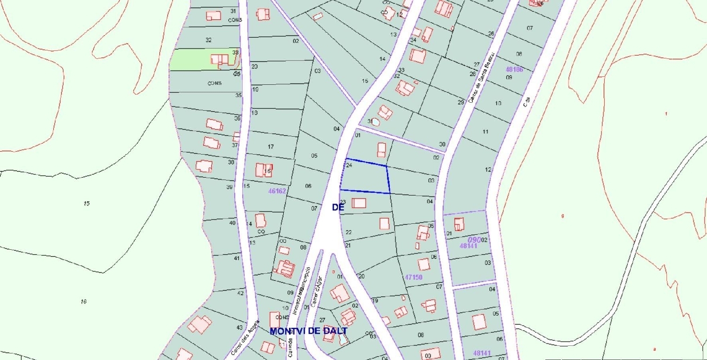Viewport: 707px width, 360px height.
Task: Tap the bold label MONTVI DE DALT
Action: coord(309,331)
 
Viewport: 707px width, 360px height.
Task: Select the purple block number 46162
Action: coord(277,191)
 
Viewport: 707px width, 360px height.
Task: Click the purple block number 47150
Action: coord(413,277)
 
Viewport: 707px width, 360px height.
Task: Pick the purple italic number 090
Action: coord(474,240)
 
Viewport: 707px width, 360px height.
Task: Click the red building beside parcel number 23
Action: coord(359,203)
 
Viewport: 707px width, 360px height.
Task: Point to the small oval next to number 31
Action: coord(376,122)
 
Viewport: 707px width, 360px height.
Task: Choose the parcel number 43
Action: coord(239,327)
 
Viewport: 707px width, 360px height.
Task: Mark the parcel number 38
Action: coord(231,162)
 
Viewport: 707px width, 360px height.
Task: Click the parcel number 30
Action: coord(442,144)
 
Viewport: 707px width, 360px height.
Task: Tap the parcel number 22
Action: coord(348,232)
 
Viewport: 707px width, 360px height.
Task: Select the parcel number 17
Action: coord(271,147)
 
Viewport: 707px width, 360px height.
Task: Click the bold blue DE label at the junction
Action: coord(336,207)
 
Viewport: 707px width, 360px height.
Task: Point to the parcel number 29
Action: coord(461,102)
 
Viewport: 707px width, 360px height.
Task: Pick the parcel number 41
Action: coord(237,258)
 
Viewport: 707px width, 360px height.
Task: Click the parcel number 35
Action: coord(238,95)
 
